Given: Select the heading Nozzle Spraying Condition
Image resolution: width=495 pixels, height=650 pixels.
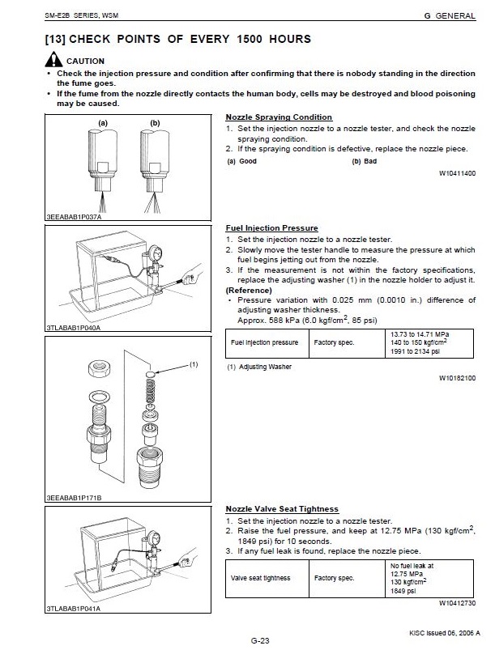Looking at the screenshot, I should [x=279, y=117].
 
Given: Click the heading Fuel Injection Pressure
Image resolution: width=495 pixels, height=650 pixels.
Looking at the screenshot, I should [x=271, y=228].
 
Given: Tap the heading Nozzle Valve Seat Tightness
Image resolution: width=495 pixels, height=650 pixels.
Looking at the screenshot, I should [x=281, y=508].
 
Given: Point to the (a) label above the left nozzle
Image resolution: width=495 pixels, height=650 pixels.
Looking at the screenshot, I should [x=103, y=123].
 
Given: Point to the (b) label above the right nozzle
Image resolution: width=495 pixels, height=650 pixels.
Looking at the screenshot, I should [x=155, y=123].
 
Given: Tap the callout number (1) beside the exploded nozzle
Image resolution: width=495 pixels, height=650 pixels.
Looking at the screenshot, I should [x=194, y=365].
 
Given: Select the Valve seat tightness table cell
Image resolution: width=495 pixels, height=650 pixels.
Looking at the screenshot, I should [x=261, y=578].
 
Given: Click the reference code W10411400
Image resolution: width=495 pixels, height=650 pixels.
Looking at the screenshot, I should [x=457, y=173].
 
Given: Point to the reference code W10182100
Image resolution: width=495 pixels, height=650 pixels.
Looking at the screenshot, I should [x=457, y=377].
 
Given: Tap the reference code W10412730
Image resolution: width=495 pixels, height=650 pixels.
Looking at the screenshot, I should [x=457, y=603].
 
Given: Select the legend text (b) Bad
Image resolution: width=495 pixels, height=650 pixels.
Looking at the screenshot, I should [x=365, y=161].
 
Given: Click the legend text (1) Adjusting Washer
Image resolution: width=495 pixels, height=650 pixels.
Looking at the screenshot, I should [x=259, y=367].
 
